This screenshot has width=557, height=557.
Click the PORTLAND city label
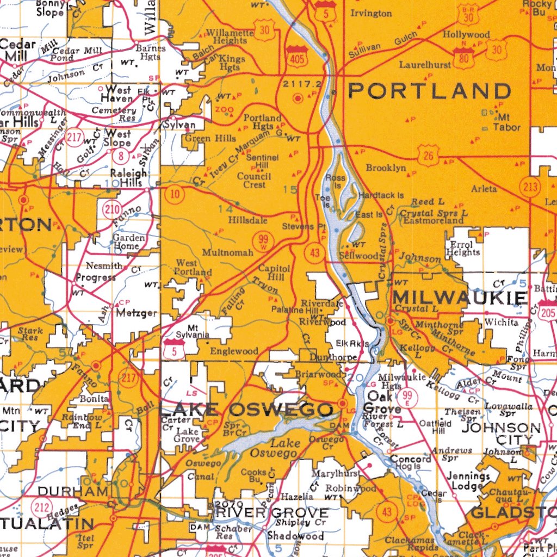(429, 91)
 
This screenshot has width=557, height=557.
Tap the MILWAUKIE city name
(460, 298)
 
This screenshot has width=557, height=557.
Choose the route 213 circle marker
(530, 187)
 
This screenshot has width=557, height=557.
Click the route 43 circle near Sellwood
(314, 252)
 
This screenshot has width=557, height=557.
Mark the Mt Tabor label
(506, 122)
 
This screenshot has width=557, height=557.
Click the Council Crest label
(255, 180)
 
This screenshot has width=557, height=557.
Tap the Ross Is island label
(335, 181)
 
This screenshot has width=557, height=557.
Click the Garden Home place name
(128, 242)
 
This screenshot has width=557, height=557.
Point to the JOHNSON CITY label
(502, 433)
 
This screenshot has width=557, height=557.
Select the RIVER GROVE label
(272, 512)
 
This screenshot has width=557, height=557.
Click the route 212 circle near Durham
(41, 508)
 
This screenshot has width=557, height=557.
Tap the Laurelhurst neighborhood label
(425, 65)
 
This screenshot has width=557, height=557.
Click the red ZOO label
(224, 109)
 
